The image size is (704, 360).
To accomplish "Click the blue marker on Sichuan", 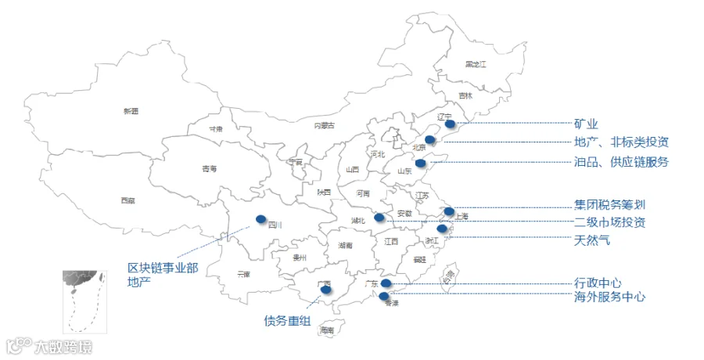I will point(260,220).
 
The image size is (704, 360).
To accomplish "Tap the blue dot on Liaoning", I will point(449,123).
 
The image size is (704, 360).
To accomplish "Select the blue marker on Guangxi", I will point(325,290).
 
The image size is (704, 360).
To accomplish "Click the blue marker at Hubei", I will point(379,218).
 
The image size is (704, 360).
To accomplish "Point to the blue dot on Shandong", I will point(420,163).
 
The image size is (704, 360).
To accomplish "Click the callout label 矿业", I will point(586,124).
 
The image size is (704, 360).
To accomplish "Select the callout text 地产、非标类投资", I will point(621,142).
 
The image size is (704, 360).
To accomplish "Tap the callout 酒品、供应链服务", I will point(621,163).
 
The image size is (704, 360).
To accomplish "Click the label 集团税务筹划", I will point(609,205).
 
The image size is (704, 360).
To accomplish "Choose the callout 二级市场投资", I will point(609,222).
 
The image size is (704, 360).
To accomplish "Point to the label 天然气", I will point(591,240).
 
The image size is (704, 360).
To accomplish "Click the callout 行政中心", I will point(598,283).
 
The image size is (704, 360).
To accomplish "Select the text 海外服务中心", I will point(609,297).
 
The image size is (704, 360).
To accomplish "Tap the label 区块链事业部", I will point(163,268).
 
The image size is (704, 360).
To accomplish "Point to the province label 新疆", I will point(131,112).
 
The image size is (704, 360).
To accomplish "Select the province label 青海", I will point(209,169).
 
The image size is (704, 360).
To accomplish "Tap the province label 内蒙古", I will point(324,125).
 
